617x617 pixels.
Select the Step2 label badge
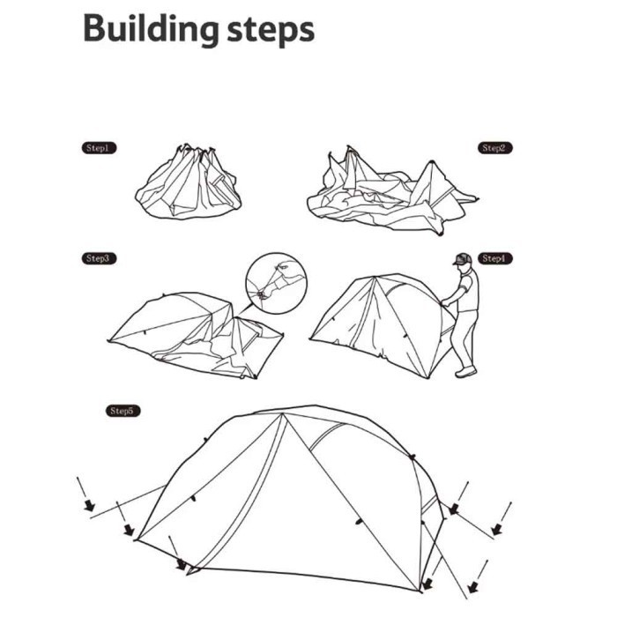tap(495, 148)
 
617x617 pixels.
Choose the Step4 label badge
tap(494, 258)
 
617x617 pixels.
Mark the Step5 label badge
tap(123, 411)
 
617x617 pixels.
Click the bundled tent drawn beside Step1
tap(188, 182)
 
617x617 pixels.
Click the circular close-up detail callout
tap(275, 284)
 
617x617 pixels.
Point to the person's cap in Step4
tap(461, 258)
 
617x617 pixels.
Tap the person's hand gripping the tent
tap(445, 302)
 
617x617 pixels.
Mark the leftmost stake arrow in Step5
tap(88, 504)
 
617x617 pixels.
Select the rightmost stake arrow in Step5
tap(497, 529)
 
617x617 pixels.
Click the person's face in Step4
tap(462, 267)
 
